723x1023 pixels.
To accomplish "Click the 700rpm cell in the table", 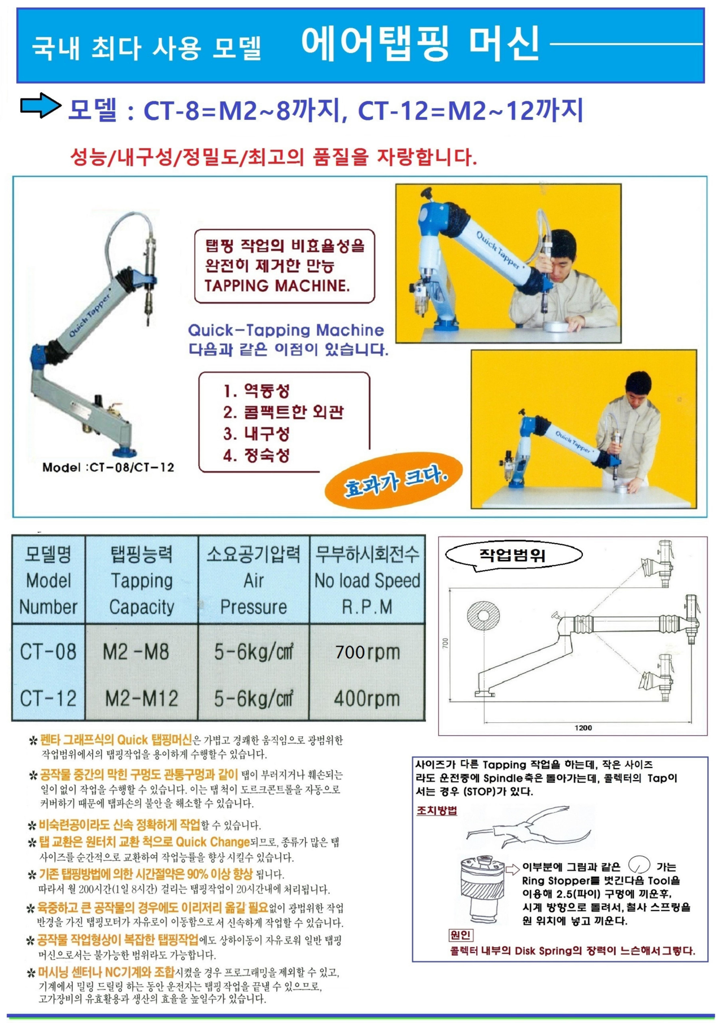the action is tap(367, 652).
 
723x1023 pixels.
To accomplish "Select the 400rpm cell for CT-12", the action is tap(367, 699).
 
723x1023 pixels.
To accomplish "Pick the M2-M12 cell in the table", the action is tap(141, 699).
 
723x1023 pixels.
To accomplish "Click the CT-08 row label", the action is tap(48, 652).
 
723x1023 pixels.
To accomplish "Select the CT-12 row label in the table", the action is tap(48, 699).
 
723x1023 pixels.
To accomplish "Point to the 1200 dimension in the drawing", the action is tap(583, 727).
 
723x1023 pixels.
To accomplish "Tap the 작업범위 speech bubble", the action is tap(513, 555).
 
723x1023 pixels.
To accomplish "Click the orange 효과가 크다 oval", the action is tap(394, 481).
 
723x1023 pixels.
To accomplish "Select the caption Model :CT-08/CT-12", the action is tap(108, 467).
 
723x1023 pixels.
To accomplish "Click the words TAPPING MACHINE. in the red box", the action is tap(277, 286).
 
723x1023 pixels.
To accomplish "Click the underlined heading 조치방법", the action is tap(437, 810).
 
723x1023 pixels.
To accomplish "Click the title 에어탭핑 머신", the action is tap(420, 44).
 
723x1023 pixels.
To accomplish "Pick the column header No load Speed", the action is tap(367, 580).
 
